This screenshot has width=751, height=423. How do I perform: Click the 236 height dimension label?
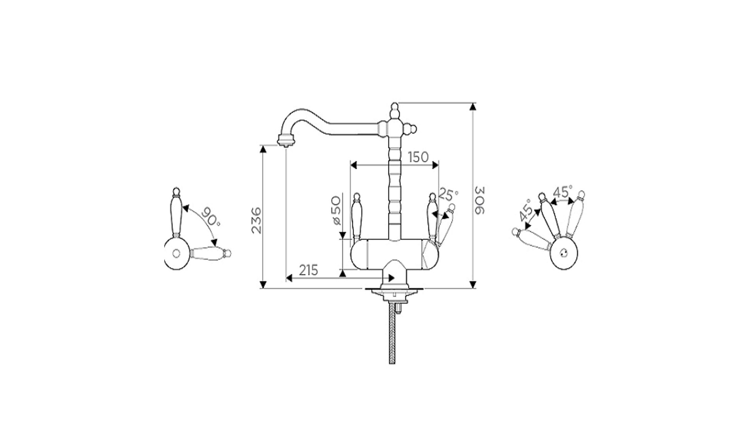(x=257, y=220)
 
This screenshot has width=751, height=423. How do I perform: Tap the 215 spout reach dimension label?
(x=308, y=270)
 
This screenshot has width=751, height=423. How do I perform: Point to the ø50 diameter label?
(x=336, y=211)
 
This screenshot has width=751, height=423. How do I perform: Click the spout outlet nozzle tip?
(x=286, y=141)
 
